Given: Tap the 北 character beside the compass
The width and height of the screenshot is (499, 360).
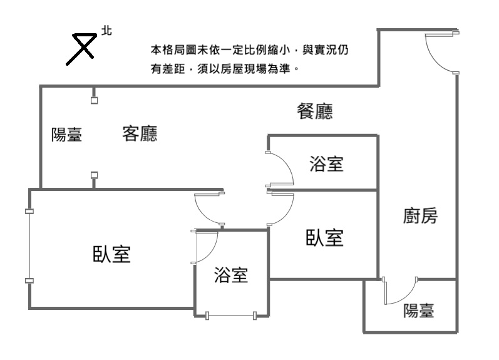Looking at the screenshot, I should point(106,30).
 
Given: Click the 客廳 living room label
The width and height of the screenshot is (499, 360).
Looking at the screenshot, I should point(140,134).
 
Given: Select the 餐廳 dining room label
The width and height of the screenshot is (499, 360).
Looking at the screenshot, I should point(314,112).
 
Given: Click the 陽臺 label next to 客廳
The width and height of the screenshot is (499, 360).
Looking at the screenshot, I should point(66,135).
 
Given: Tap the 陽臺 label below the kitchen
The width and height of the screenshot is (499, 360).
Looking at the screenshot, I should point(419,311).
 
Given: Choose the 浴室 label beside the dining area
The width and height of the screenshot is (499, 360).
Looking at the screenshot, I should point(326,165).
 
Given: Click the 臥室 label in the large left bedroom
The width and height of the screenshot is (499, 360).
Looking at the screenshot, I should point(112,254).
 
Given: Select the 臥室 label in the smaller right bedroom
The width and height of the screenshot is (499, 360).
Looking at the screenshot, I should point(324,238).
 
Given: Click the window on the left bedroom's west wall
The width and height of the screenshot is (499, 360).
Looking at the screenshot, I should point(29,246).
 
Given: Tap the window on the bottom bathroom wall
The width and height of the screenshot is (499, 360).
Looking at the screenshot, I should point(230,315).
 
